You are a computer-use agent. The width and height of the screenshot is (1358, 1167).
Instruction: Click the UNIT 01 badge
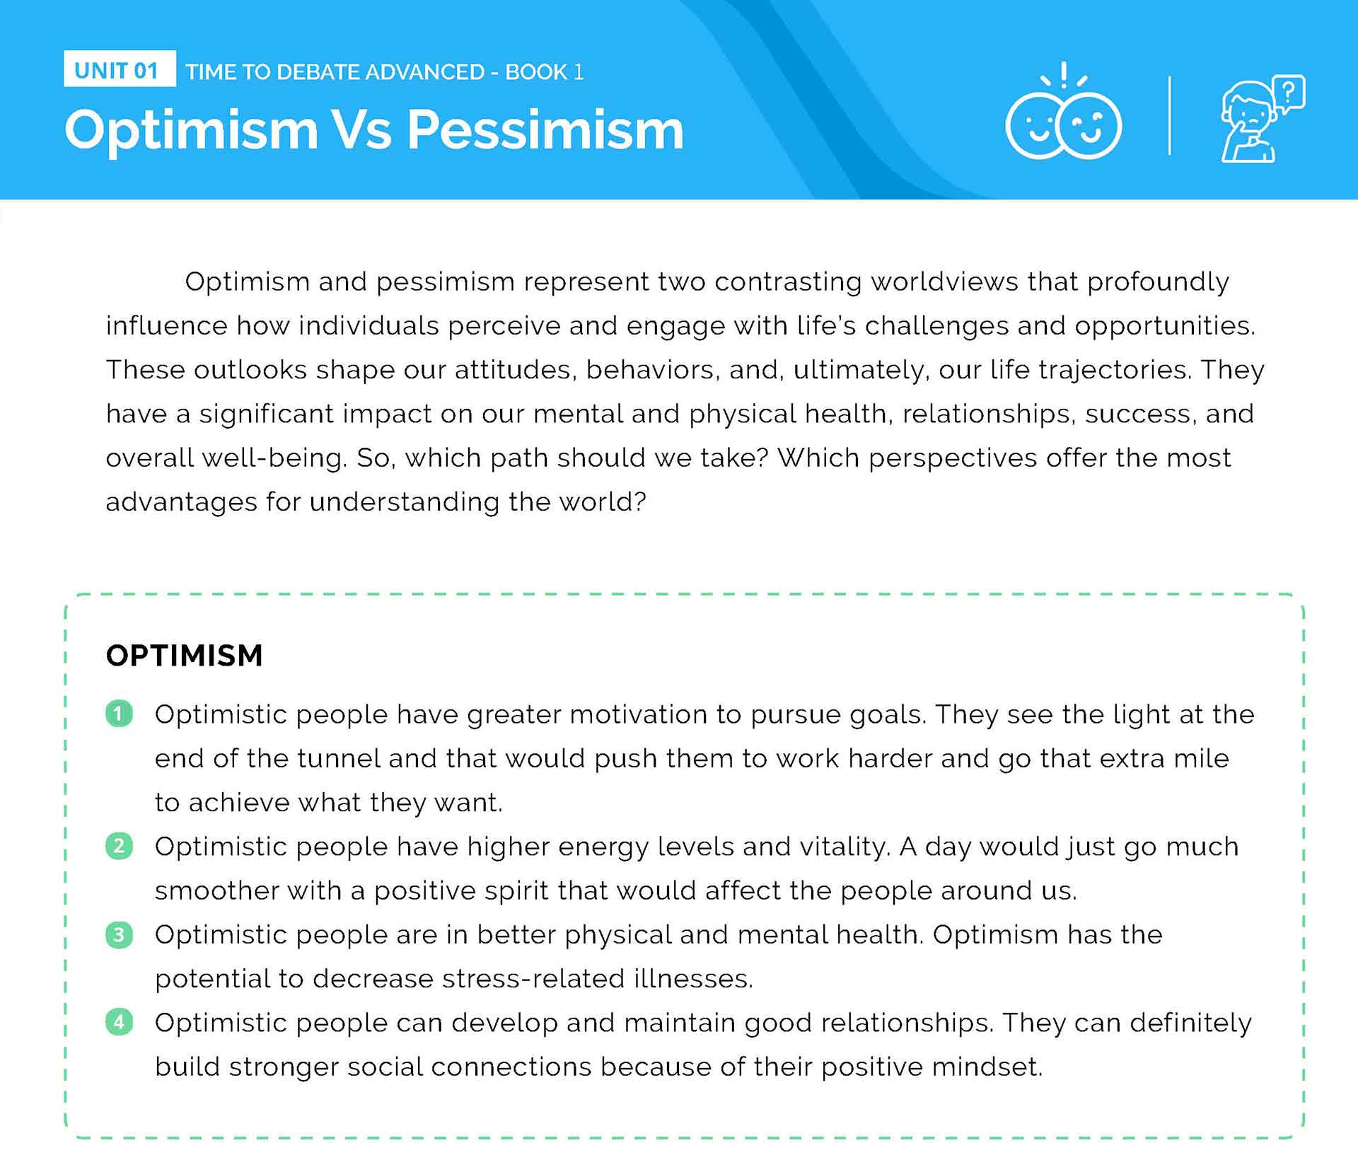120,69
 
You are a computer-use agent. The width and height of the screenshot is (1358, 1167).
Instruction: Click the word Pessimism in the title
545,130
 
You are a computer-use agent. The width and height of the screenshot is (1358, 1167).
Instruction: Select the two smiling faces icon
1063,113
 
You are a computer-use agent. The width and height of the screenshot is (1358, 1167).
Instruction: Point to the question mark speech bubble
1289,94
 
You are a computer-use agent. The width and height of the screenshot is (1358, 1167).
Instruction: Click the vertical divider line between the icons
1169,115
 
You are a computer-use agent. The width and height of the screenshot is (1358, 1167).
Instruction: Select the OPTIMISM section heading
184,656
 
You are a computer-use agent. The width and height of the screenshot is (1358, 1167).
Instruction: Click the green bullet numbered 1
119,714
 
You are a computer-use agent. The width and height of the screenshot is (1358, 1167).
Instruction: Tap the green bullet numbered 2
119,846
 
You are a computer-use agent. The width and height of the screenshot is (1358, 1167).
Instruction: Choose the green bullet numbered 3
119,934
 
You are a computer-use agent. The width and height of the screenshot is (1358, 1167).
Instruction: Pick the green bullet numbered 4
119,1022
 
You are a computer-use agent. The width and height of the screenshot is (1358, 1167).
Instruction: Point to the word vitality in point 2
845,848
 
